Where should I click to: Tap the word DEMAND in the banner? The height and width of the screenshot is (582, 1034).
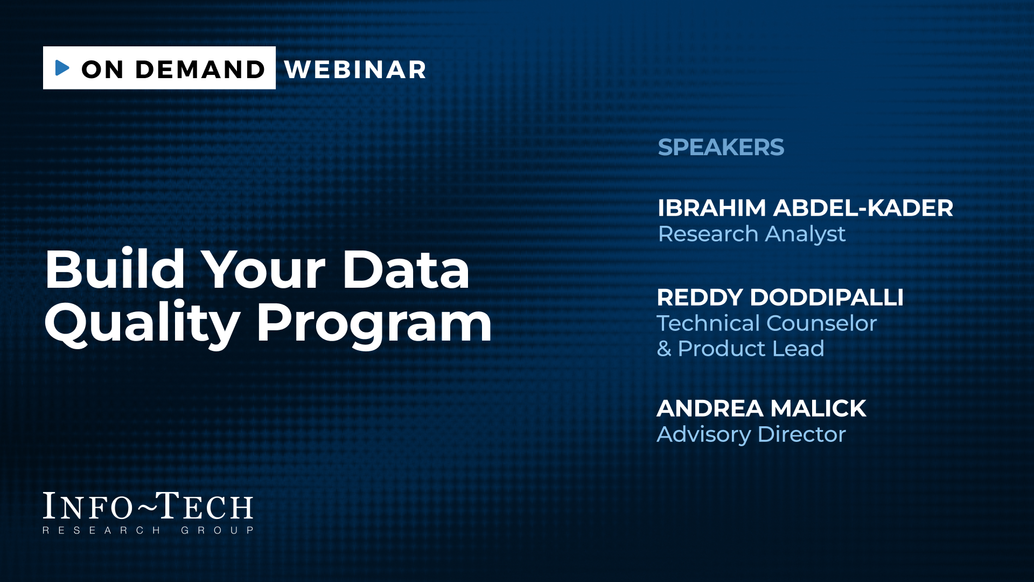click(200, 70)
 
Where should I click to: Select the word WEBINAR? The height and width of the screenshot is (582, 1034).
click(355, 70)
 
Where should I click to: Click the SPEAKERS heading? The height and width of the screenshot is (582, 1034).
click(721, 147)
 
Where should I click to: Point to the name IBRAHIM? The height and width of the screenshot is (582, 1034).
click(711, 208)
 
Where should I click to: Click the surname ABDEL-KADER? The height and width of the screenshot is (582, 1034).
click(863, 208)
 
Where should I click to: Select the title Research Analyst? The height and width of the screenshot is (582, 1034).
click(752, 234)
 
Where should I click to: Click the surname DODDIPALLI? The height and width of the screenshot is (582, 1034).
click(827, 297)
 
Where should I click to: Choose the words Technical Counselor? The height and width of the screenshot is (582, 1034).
click(767, 323)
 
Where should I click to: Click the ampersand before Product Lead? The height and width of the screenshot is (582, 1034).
click(664, 349)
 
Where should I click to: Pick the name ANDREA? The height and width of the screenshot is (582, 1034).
click(702, 408)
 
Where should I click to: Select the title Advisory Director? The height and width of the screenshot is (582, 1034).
click(751, 434)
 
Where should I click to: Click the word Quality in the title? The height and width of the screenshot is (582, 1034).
click(142, 323)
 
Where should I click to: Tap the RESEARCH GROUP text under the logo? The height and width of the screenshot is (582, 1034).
click(148, 530)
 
